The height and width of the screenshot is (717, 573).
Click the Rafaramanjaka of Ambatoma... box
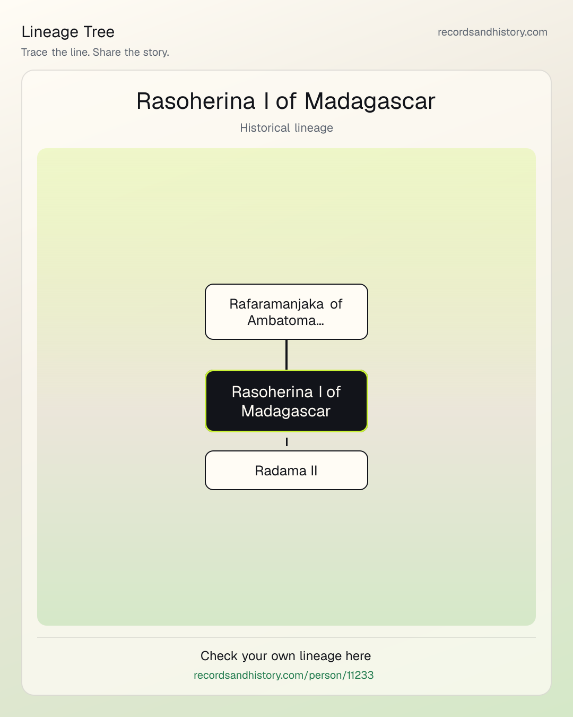(286, 312)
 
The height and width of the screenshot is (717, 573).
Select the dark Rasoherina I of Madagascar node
(286, 401)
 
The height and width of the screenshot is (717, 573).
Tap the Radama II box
(286, 470)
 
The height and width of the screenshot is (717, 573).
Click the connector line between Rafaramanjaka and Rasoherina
(286, 355)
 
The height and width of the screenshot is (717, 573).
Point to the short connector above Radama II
(286, 442)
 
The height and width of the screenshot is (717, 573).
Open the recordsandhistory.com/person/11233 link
(284, 675)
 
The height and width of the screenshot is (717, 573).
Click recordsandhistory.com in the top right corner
(492, 32)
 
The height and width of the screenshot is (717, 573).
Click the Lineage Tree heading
(68, 32)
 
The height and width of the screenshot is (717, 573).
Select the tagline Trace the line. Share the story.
(95, 52)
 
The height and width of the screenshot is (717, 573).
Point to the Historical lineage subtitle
(286, 128)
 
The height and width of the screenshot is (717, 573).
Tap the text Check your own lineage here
(285, 656)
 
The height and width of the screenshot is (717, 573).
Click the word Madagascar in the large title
(370, 101)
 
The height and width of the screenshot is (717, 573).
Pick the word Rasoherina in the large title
(196, 101)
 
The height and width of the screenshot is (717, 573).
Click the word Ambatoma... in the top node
(285, 320)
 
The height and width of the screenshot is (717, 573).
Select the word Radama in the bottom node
(281, 471)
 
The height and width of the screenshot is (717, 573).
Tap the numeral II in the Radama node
(314, 471)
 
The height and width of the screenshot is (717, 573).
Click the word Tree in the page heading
(99, 32)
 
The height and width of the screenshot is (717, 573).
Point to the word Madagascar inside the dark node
(285, 411)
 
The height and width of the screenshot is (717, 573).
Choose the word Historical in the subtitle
(265, 128)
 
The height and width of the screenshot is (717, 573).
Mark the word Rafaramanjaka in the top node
(276, 304)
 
